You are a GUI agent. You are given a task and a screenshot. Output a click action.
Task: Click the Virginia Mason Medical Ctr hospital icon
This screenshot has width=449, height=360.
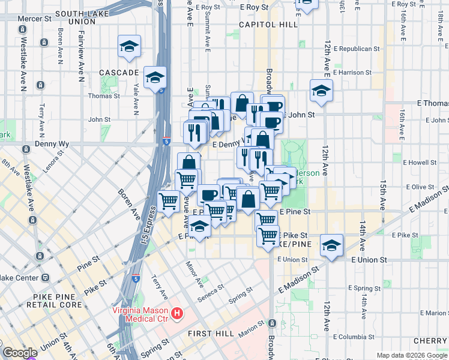[x=177, y=313]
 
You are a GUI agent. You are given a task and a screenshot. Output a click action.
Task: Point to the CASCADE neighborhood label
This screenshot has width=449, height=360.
[x=119, y=73]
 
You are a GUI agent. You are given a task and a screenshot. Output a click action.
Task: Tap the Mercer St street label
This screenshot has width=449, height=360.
[x=34, y=19]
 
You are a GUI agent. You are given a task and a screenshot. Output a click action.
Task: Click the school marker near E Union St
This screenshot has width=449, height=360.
[x=331, y=245]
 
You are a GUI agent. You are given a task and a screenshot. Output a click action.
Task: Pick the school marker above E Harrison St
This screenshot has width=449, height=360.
[x=321, y=91]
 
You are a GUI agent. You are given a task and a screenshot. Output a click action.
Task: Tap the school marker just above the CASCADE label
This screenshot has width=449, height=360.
[x=130, y=47]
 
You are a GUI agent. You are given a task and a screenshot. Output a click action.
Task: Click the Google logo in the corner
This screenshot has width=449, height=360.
[x=20, y=353]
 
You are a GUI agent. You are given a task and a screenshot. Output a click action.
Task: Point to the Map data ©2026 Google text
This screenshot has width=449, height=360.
[x=412, y=355]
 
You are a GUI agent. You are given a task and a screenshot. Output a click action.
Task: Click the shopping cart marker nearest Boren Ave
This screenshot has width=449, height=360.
[x=169, y=202]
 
